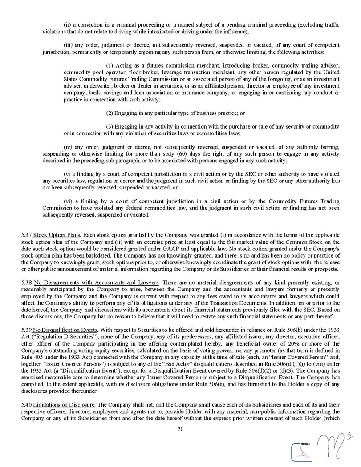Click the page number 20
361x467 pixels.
click(x=180, y=429)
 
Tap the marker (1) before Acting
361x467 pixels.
click(x=110, y=65)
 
